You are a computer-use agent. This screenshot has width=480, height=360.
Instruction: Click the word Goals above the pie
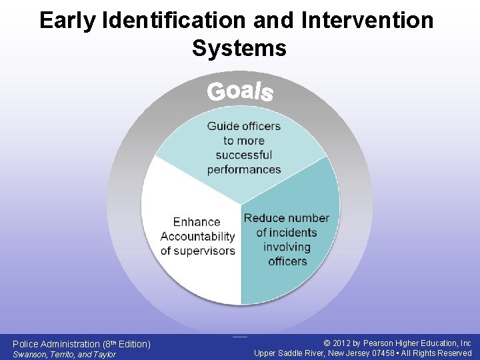(x=240, y=91)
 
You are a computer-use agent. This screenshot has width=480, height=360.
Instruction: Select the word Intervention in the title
(x=367, y=21)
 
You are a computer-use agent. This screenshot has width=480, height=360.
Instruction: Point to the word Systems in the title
(x=239, y=48)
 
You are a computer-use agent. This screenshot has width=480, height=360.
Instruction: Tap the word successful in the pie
(x=244, y=155)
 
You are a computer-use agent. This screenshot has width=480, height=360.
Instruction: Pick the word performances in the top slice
(x=244, y=169)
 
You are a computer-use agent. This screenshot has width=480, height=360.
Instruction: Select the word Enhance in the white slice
(x=197, y=222)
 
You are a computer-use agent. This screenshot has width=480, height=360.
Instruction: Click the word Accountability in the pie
(x=198, y=236)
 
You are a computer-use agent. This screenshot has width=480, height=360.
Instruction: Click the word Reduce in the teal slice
(x=261, y=218)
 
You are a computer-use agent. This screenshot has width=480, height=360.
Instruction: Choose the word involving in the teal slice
(x=287, y=247)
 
